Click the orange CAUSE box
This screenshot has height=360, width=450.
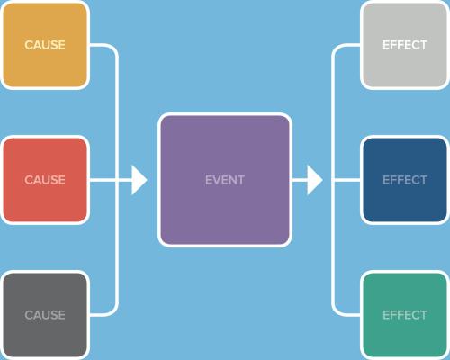[x=45, y=45]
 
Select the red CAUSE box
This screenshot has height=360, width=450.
[x=45, y=180]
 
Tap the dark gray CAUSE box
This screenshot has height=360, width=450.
[x=45, y=315]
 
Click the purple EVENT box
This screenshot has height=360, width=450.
[x=225, y=180]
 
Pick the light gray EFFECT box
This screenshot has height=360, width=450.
[x=405, y=45]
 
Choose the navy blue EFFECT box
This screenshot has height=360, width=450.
[x=405, y=180]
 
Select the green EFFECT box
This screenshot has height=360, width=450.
[x=405, y=315]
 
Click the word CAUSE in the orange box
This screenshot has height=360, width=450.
[x=45, y=45]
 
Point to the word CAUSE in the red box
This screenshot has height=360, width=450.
[x=45, y=180]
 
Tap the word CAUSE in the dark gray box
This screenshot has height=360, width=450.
[x=45, y=315]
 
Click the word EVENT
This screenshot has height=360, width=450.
[x=225, y=180]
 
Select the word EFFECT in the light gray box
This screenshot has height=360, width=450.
[x=405, y=45]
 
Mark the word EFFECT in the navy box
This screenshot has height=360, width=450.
[x=405, y=180]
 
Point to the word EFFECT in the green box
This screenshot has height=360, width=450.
[x=405, y=315]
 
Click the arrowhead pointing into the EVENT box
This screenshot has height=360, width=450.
[x=139, y=180]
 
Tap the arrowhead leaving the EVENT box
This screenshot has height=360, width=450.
[x=315, y=180]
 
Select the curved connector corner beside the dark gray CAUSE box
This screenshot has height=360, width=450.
[x=113, y=311]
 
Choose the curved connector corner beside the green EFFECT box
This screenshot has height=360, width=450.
[x=336, y=311]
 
